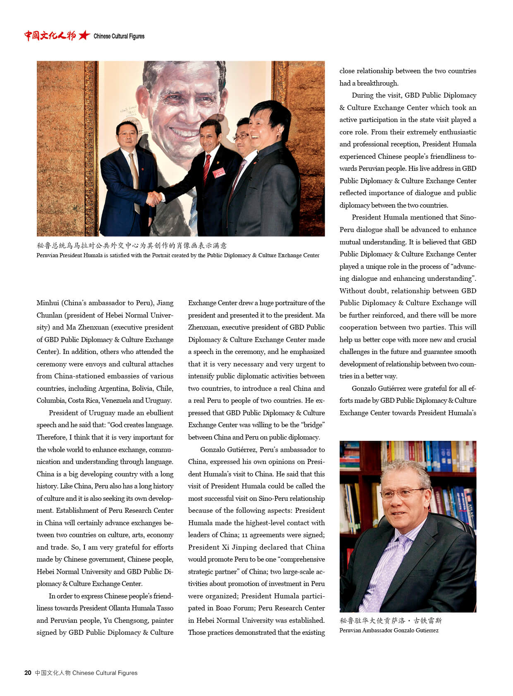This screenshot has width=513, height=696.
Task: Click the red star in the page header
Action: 84,36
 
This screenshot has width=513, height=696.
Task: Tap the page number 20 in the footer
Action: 28,673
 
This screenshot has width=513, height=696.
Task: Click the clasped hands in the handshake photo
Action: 154,199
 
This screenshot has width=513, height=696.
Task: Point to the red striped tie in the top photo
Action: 207,168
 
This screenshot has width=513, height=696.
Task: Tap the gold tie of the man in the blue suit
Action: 134,178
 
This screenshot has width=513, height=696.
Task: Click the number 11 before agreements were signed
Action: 245,535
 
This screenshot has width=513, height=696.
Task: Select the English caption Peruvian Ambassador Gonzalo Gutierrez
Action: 389,630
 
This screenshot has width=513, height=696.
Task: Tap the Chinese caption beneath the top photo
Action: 132,246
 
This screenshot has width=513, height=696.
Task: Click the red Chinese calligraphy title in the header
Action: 50,36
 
